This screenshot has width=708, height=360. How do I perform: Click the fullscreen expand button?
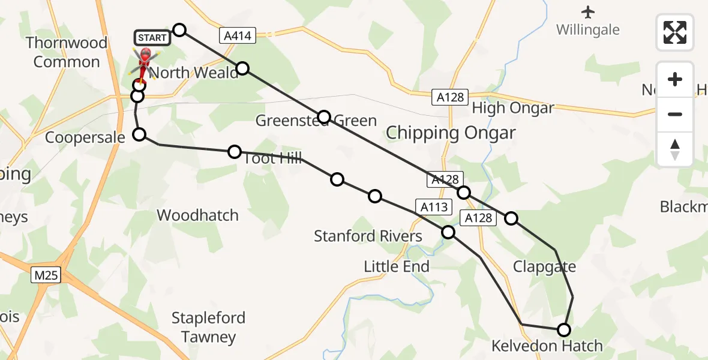pos(675,32)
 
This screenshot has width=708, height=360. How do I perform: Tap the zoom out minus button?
pos(675,114)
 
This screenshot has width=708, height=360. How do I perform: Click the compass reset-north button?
pos(675,149)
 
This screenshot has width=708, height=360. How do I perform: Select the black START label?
pos(152,38)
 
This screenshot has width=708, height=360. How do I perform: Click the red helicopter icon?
pos(144,60)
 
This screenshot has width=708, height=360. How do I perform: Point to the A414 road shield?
pos(238,37)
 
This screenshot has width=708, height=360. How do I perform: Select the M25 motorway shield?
pos(46,275)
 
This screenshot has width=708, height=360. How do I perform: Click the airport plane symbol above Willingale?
pos(587,11)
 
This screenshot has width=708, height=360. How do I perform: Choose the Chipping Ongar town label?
pos(451,133)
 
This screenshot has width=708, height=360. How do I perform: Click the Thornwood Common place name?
pos(67,52)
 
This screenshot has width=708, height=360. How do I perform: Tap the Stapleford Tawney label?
pos(208,327)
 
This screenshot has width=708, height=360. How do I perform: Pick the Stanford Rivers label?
pos(368,236)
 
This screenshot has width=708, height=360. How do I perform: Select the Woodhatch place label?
pos(197,215)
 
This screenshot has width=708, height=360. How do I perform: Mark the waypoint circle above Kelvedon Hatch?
pos(564,329)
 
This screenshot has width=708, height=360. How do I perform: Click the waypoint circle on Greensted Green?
pos(324,116)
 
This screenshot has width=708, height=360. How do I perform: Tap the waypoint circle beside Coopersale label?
pos(139,134)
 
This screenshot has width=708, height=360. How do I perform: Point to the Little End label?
pos(397,266)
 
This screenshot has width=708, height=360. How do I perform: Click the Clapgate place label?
pos(544,267)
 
